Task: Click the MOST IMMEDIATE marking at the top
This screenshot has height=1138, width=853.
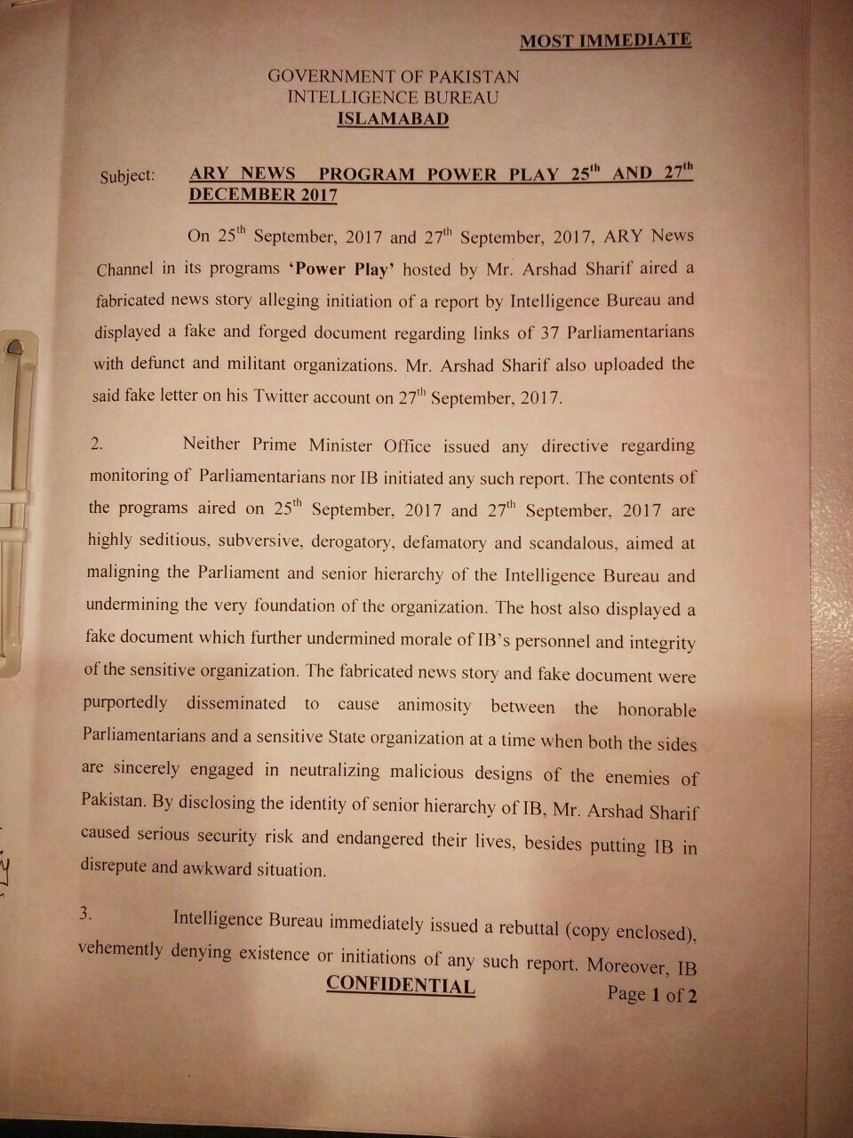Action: [x=605, y=40]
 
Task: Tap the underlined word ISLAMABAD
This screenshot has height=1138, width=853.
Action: [x=394, y=119]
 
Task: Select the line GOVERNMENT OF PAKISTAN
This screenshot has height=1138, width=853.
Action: [x=394, y=76]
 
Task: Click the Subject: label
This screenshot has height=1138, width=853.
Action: [x=127, y=175]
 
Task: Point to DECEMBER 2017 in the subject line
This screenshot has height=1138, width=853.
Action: [x=263, y=195]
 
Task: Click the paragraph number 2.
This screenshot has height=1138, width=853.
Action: [x=96, y=444]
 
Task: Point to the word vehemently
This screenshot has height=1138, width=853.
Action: [x=121, y=949]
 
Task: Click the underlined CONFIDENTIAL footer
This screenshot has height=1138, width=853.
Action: [x=401, y=985]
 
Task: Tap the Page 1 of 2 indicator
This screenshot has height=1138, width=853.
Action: [x=651, y=994]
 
